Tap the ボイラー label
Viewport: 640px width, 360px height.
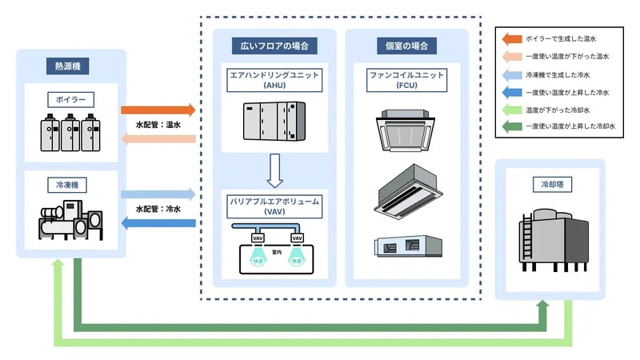point(71,100)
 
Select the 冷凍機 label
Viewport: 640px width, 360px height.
point(71,185)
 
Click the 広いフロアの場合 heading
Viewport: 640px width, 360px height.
point(274,46)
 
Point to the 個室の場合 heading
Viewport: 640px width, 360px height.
point(406,46)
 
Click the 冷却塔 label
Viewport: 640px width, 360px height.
point(550,183)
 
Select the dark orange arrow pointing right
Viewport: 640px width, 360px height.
point(158,110)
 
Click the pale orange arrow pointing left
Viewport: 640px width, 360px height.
point(158,138)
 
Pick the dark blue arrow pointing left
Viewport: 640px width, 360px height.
point(158,222)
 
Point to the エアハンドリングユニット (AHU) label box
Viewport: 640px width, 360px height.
point(274,79)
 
